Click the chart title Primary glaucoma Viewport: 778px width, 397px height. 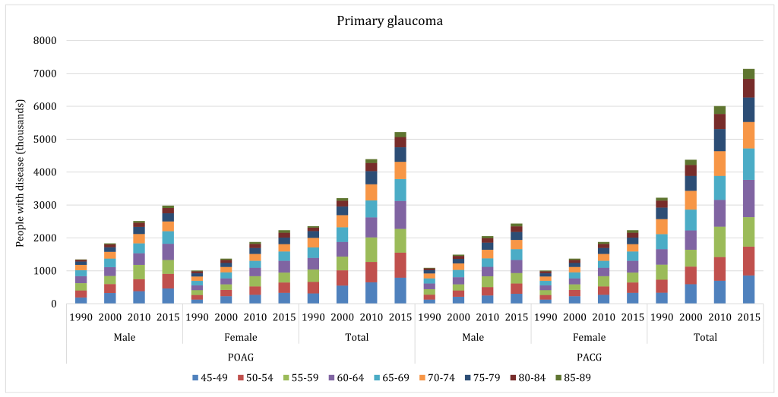pyautogui.click(x=390, y=20)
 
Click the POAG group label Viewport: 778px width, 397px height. pyautogui.click(x=240, y=357)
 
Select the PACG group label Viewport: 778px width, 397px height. pyautogui.click(x=588, y=357)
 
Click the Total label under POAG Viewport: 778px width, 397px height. pyautogui.click(x=356, y=337)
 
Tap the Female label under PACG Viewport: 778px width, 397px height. pyautogui.click(x=588, y=337)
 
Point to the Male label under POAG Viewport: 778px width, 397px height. pyautogui.click(x=125, y=337)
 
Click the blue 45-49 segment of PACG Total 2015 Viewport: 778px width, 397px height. pyautogui.click(x=748, y=290)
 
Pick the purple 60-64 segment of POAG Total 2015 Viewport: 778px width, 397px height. pyautogui.click(x=400, y=215)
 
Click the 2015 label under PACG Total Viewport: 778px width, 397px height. pyautogui.click(x=748, y=317)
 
